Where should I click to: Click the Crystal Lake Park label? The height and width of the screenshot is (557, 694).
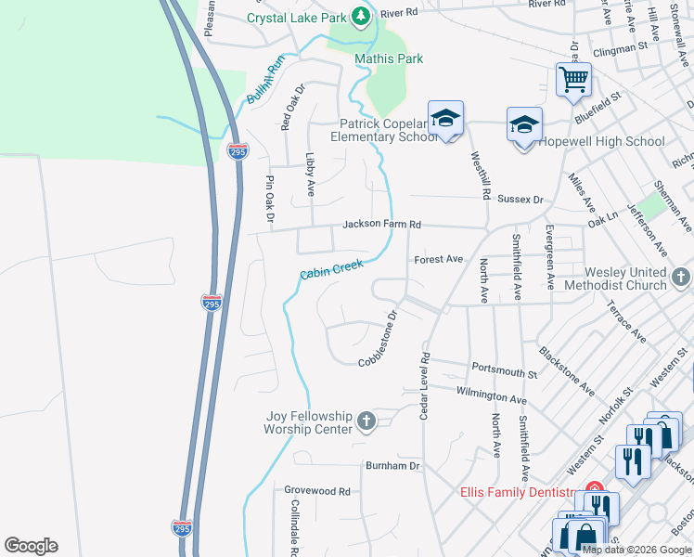click(x=296, y=17)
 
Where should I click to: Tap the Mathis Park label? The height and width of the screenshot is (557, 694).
click(x=389, y=58)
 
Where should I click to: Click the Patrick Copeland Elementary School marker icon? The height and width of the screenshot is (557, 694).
click(x=445, y=118)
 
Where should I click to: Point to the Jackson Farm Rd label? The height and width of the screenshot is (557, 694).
click(x=381, y=225)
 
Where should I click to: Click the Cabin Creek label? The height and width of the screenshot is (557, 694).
click(x=331, y=269)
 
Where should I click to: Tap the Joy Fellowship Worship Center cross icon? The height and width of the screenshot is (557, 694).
click(x=366, y=422)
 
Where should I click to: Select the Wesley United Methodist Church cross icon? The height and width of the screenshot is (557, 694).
click(x=681, y=278)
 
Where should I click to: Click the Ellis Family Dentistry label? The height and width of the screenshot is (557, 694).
click(x=519, y=492)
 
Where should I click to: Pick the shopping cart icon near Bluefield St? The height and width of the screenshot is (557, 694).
click(x=573, y=80)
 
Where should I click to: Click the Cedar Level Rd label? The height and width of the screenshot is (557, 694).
click(x=425, y=385)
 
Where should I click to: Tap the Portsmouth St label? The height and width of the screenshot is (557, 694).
click(x=504, y=370)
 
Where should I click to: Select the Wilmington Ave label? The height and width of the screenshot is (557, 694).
click(x=491, y=395)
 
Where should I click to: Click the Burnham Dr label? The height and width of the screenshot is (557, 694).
click(x=392, y=465)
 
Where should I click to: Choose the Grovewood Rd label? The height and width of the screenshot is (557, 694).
click(x=317, y=490)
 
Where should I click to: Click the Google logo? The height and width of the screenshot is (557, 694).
click(x=31, y=546)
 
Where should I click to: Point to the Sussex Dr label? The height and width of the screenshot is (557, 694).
click(x=520, y=199)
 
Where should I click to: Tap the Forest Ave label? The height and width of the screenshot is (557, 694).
click(x=438, y=259)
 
